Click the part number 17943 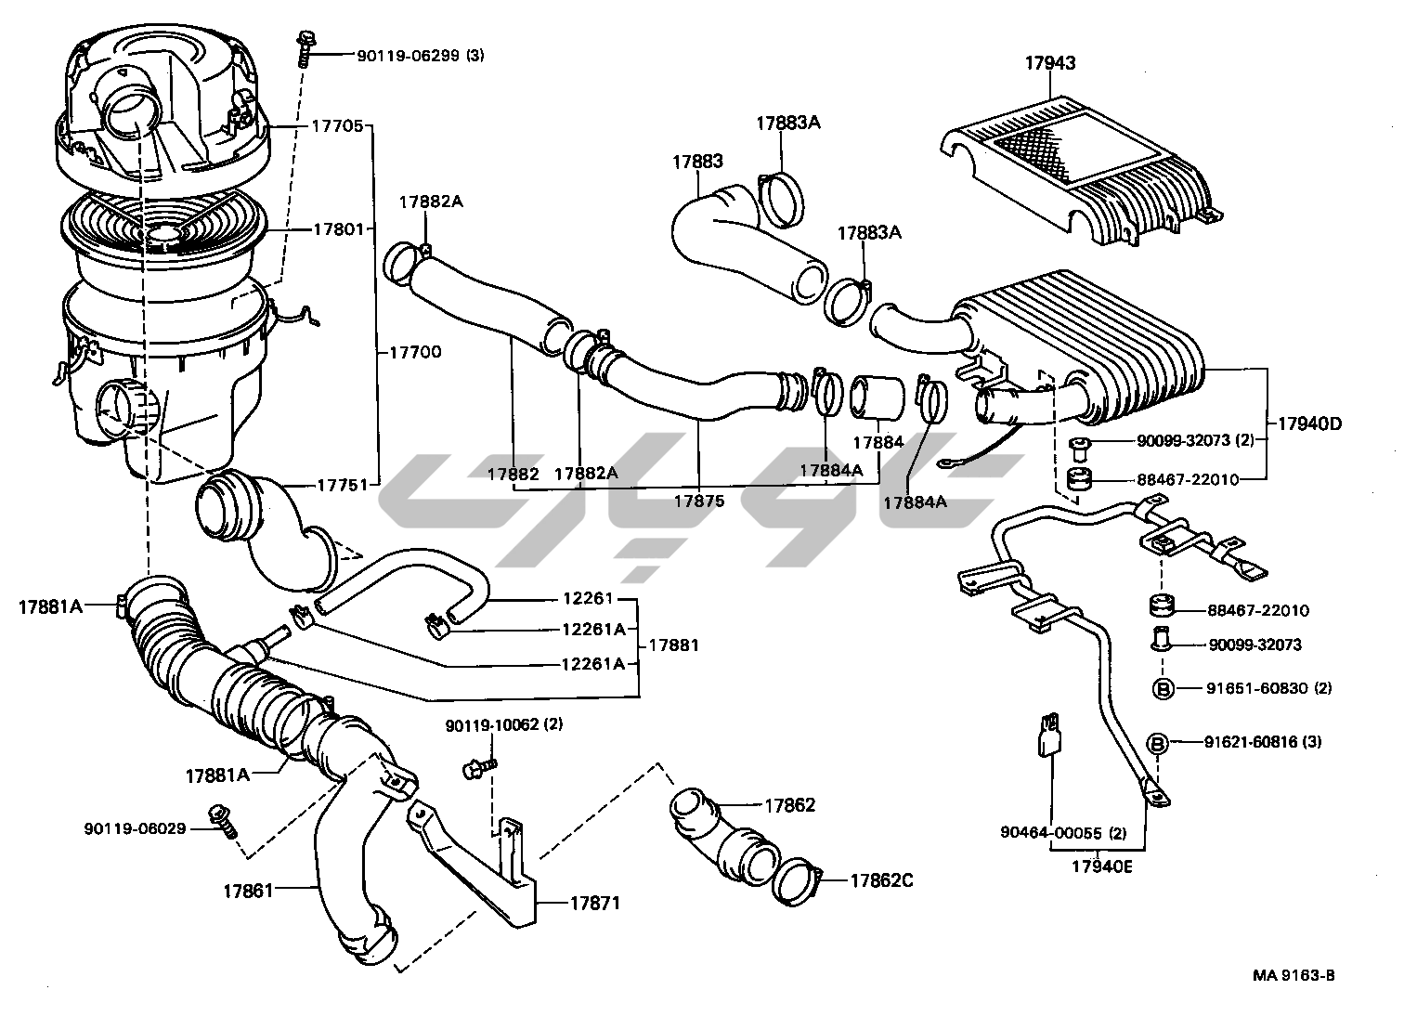tap(1050, 63)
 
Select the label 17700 tap(414, 353)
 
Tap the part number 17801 tap(338, 228)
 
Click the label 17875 tap(699, 501)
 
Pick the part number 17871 tap(594, 903)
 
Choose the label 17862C tap(881, 879)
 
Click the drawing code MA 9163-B tap(1293, 975)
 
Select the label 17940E tap(1102, 867)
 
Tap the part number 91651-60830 tap(1257, 688)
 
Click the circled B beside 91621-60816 tap(1159, 742)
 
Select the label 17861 tap(248, 891)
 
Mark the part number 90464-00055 tap(1052, 833)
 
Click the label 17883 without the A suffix tap(697, 162)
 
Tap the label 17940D tap(1308, 423)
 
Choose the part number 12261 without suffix tap(588, 599)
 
